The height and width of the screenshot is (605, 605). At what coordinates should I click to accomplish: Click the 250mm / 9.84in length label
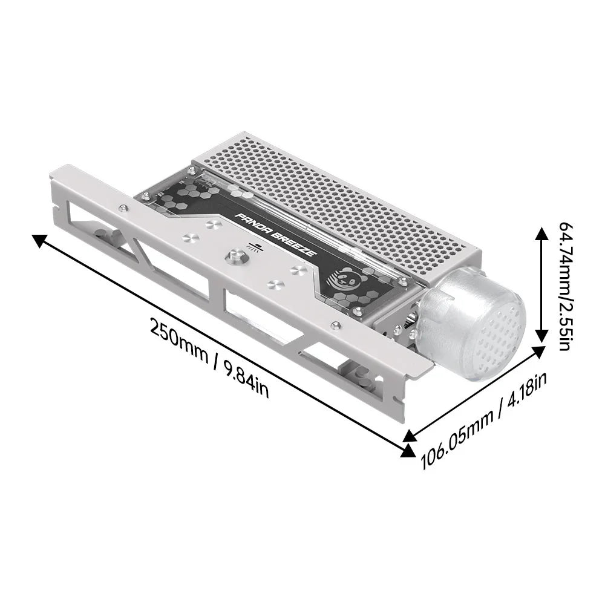[209, 365]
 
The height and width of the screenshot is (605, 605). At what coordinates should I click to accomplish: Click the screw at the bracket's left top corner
[124, 208]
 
